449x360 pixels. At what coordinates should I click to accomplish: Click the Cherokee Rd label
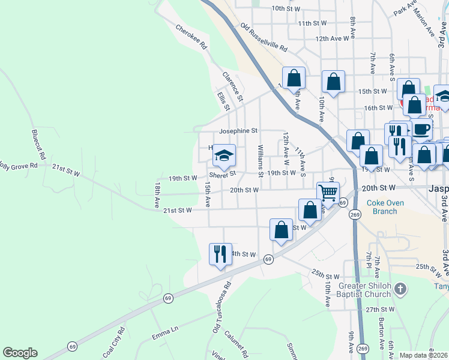(191, 37)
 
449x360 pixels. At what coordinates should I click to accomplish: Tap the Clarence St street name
(232, 86)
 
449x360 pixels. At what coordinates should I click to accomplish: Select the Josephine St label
(238, 130)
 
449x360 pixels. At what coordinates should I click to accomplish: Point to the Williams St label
(261, 161)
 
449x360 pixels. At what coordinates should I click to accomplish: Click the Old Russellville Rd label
(264, 37)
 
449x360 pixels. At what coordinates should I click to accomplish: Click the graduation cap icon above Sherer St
(224, 156)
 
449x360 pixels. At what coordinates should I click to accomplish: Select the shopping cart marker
(328, 192)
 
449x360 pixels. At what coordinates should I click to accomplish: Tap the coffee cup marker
(421, 128)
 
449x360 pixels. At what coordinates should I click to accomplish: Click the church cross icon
(401, 290)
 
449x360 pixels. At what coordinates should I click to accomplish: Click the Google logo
(20, 353)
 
